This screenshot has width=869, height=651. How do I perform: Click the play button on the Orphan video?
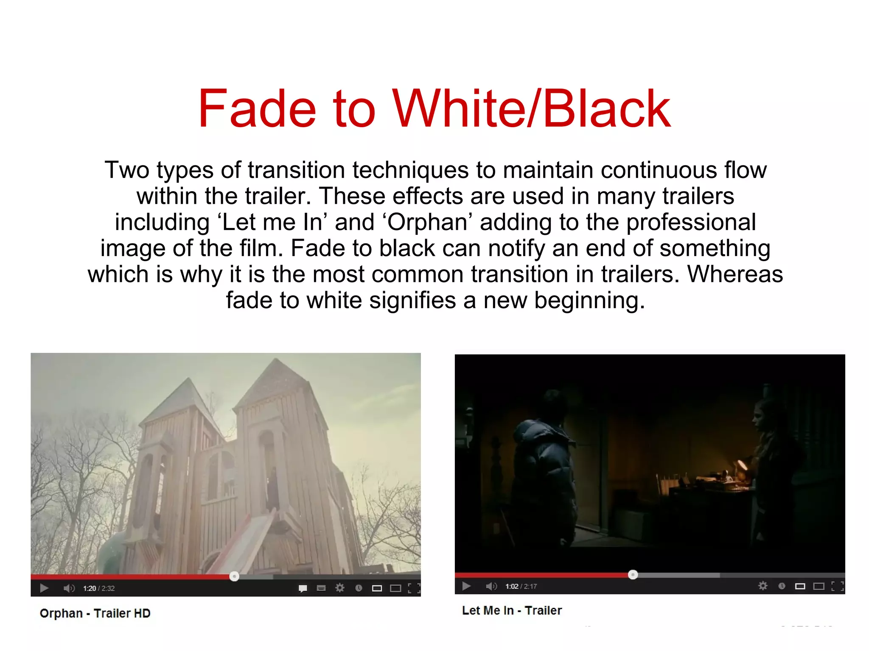coord(44,588)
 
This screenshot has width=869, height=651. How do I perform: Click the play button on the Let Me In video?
coord(466,586)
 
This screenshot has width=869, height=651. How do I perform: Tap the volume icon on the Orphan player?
coord(69,588)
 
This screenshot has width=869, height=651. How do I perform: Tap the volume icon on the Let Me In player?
coord(491,586)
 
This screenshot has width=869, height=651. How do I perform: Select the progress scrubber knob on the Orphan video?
coord(234,576)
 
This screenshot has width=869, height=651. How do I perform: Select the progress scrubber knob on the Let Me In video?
coord(633,575)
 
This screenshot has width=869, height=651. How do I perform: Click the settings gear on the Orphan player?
coord(340,588)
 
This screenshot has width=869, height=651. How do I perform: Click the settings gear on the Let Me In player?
coord(763,586)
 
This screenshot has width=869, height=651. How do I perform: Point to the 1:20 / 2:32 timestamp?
coord(99,588)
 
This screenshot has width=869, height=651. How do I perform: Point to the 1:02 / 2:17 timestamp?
coord(521,586)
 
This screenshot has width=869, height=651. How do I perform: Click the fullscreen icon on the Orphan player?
coord(414,588)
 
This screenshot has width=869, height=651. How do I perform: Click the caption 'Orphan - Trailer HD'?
coord(95,613)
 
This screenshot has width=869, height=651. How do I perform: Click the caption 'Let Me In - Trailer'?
coord(512,610)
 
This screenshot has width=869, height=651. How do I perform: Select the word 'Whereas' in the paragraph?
coord(735,274)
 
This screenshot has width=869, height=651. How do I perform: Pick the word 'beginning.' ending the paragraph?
coord(589,300)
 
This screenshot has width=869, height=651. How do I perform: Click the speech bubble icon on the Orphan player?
coord(303,588)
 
